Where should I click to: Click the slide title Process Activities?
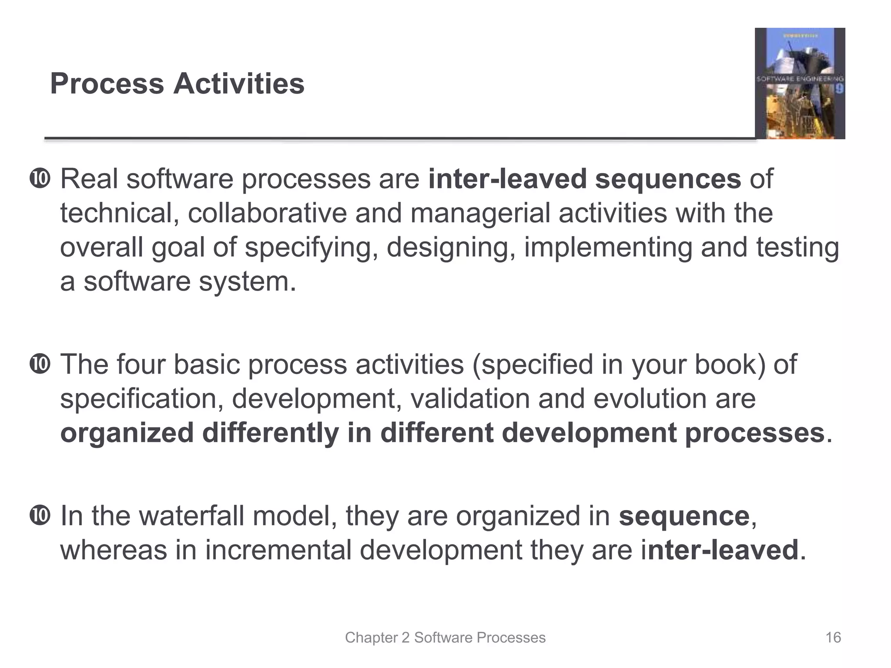pyautogui.click(x=177, y=83)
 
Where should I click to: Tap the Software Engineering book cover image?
pyautogui.click(x=800, y=83)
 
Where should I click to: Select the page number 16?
pyautogui.click(x=833, y=638)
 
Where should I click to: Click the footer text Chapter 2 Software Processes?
pyautogui.click(x=445, y=638)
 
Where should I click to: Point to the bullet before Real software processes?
pyautogui.click(x=40, y=179)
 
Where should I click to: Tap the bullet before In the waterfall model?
pyautogui.click(x=40, y=516)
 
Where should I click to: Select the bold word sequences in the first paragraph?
pyautogui.click(x=668, y=179)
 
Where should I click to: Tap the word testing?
pyautogui.click(x=797, y=248)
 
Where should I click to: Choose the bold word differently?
pyautogui.click(x=270, y=433)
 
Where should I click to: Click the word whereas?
pyautogui.click(x=114, y=550)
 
